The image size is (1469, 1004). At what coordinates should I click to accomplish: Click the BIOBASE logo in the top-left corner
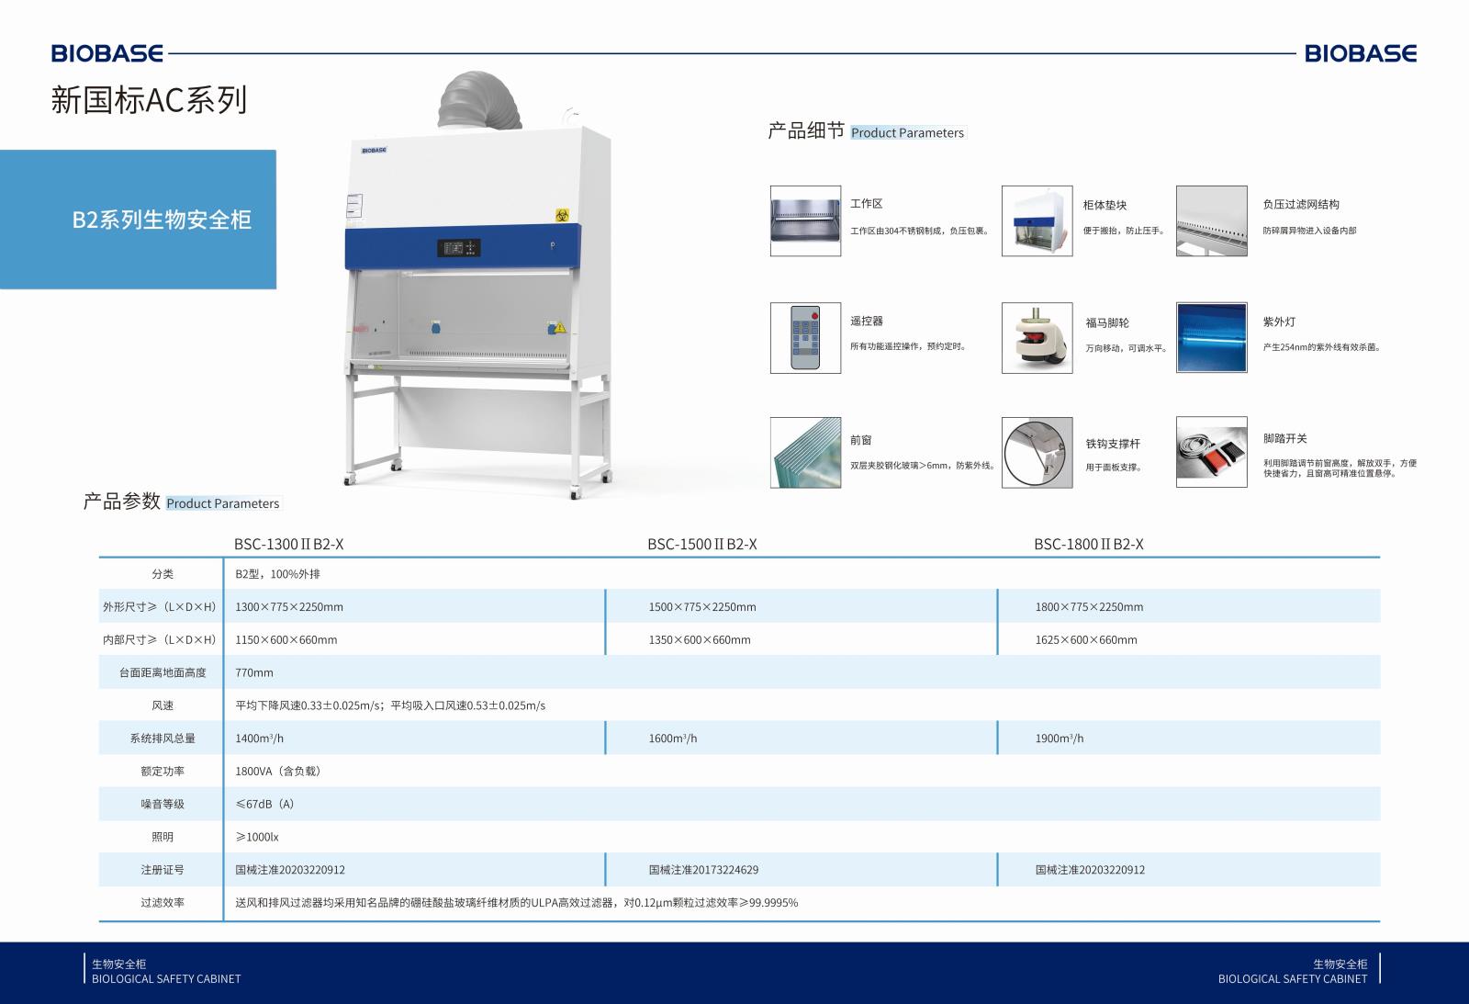(107, 53)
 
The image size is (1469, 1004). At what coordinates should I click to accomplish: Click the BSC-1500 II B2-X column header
(701, 544)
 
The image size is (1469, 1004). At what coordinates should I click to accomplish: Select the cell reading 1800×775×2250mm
(1089, 607)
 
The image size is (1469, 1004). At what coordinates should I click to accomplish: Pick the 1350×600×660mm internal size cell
(699, 640)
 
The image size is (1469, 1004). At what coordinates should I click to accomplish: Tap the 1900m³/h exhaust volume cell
(1060, 739)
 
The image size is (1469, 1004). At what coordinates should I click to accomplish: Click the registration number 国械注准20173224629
(703, 870)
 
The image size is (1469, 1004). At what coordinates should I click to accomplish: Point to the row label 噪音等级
(162, 804)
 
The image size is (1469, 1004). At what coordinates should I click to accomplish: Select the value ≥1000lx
(257, 837)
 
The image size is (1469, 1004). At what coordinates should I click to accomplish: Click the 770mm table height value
(253, 672)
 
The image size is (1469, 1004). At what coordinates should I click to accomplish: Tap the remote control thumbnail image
(805, 338)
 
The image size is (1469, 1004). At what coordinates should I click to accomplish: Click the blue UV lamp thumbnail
(1211, 337)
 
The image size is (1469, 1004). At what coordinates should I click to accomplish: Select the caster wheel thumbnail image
(1037, 338)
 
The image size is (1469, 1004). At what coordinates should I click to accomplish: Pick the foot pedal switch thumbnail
(1211, 452)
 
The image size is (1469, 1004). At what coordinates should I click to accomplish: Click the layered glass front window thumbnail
(805, 453)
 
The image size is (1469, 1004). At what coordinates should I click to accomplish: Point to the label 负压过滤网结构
(1301, 204)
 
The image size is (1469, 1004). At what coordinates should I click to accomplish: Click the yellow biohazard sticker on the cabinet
(562, 215)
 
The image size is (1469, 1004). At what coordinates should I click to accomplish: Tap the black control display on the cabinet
(458, 247)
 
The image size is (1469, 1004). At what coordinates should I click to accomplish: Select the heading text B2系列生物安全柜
(162, 220)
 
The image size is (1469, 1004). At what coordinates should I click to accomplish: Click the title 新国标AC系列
(149, 100)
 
